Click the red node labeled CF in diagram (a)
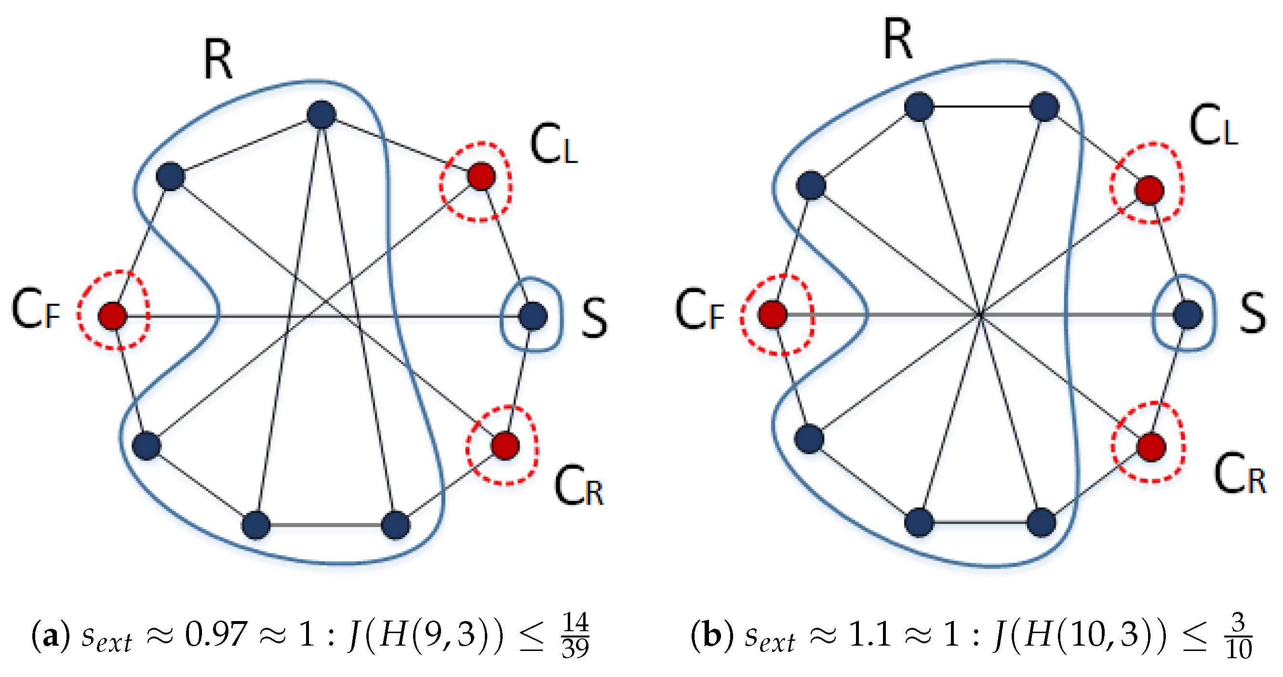113,315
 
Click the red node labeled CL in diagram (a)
481,176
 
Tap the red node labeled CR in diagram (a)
505,445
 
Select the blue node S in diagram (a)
533,316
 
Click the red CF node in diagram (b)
773,314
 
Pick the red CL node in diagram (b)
1149,190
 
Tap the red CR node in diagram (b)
1151,447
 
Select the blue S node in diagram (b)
1188,314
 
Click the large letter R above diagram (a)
218,60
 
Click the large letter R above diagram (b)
897,39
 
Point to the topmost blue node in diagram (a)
322,115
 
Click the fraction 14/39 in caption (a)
575,635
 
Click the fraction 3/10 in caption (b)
1238,635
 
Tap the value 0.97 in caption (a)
215,635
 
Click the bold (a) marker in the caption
50,636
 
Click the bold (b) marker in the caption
712,636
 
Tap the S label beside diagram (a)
595,317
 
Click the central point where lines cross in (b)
980,314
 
